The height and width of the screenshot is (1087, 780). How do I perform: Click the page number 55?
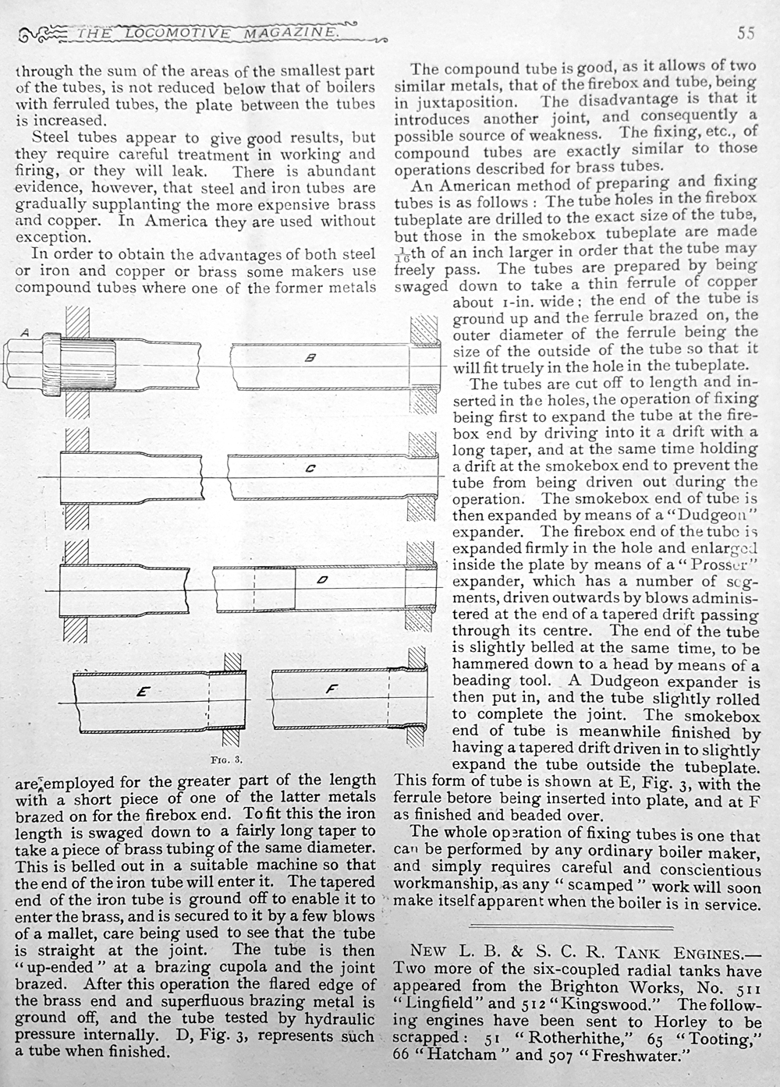coord(745,33)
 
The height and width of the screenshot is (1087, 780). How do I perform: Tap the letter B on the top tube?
coord(310,359)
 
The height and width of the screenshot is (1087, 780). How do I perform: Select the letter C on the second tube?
coord(310,469)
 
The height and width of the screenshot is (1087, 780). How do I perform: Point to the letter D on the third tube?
coord(321,579)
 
